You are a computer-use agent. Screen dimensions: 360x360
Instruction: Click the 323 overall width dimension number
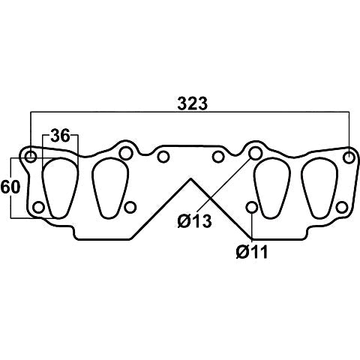coord(193,103)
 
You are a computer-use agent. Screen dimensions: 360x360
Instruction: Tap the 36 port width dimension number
coord(60,136)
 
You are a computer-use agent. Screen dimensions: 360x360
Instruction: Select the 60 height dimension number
coord(10,187)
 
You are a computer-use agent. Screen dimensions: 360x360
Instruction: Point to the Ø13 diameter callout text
coord(195,220)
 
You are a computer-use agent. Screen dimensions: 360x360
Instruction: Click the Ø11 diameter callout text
coord(252,251)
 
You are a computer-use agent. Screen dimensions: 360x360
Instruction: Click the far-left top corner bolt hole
coord(31,157)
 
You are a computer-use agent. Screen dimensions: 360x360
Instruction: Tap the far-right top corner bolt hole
coord(349,157)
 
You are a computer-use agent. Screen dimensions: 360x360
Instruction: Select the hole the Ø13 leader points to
coord(256,153)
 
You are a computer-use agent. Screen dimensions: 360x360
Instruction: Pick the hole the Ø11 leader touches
coord(252,207)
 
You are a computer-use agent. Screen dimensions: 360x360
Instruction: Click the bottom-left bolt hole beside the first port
coord(39,207)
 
